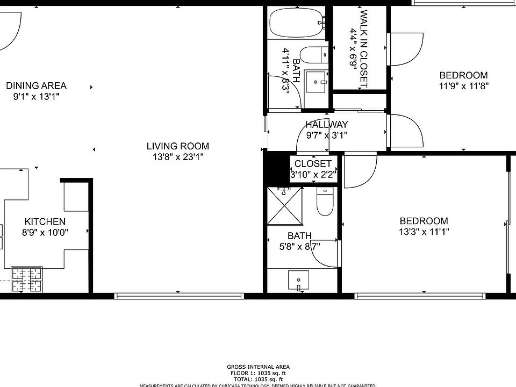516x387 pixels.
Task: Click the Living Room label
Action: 177,146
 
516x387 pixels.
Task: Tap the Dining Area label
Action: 36,85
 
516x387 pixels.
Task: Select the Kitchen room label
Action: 45,221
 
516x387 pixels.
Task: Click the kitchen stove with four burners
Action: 27,279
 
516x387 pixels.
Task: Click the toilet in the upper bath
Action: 314,55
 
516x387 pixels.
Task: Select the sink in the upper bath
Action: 316,82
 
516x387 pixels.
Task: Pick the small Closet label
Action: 314,163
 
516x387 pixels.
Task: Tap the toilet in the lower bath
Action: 325,202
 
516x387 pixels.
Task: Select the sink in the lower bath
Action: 299,281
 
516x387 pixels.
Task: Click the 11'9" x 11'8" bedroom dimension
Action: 463,86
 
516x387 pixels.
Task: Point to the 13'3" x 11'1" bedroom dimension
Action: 424,232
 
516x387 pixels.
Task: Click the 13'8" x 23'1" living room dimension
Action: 177,157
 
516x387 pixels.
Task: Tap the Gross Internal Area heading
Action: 258,367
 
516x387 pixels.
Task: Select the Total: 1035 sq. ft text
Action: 258,378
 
